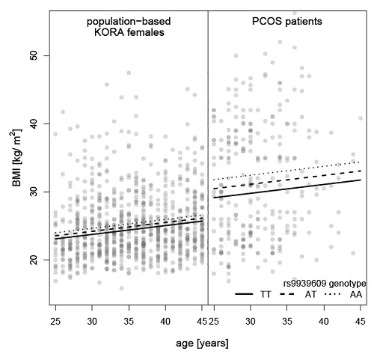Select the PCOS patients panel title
click(287, 22)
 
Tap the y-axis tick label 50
click(34, 55)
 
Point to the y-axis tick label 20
click(34, 260)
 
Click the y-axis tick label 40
click(34, 123)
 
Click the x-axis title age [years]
click(202, 344)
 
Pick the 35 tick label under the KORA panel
click(129, 321)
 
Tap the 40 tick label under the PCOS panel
click(324, 321)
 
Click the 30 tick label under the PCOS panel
click(251, 321)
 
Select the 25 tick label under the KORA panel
click(55, 321)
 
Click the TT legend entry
click(253, 294)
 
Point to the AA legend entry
click(343, 294)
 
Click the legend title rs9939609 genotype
click(325, 284)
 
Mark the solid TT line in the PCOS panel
click(287, 189)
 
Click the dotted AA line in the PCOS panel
click(287, 171)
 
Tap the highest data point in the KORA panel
click(129, 73)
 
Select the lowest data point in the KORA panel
click(121, 288)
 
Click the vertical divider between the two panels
click(208, 158)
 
